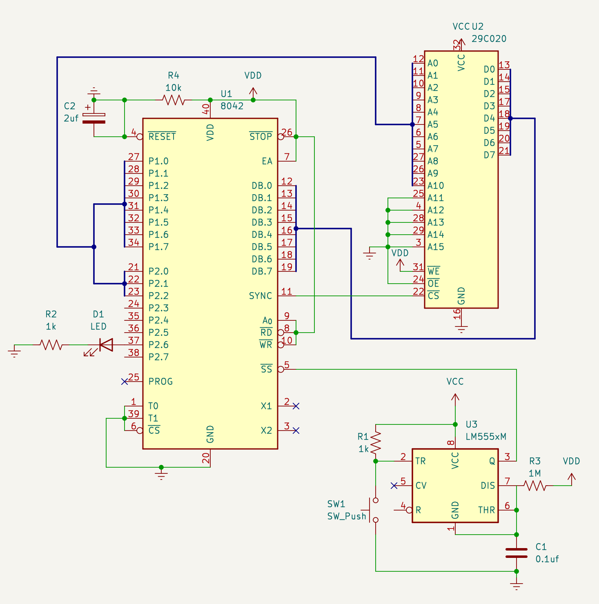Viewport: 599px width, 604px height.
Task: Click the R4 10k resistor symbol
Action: pos(174,100)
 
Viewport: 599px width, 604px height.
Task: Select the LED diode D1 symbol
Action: pos(106,345)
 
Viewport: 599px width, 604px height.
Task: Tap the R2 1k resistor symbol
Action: pos(51,345)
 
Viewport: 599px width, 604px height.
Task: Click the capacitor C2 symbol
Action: pos(94,118)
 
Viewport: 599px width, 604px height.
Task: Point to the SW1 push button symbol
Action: pos(374,510)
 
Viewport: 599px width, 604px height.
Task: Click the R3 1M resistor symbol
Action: pos(535,486)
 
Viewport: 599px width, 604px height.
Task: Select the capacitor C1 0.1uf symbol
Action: pos(517,553)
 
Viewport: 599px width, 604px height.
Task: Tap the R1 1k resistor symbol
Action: pos(376,443)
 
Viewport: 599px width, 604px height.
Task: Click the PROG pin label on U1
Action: pos(160,382)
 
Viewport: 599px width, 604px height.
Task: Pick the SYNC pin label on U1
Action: pos(261,296)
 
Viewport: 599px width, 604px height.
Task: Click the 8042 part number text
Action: pos(232,106)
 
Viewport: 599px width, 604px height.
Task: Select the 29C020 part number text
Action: pos(489,39)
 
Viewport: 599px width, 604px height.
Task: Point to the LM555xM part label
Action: pos(486,437)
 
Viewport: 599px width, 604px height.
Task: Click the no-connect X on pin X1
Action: pos(296,406)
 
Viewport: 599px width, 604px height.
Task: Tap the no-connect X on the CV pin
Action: pos(394,486)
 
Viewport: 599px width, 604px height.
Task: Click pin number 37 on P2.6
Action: pos(134,340)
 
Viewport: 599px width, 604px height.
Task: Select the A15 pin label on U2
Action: pos(436,247)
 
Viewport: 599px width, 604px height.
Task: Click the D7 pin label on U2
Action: pos(489,155)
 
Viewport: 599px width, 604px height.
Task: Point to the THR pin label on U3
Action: pos(486,510)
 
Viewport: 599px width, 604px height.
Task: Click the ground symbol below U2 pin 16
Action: pos(461,329)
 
